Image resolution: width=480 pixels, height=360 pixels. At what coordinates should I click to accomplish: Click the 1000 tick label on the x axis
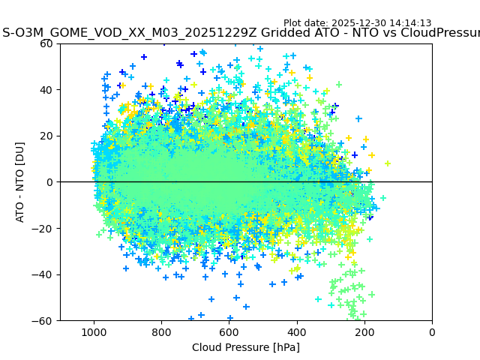(94, 332)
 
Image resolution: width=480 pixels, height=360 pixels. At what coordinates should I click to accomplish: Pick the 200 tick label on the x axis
(364, 332)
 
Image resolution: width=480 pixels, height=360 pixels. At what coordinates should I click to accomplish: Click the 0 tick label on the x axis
(432, 332)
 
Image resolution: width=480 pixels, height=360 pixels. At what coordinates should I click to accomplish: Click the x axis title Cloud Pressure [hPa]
(246, 347)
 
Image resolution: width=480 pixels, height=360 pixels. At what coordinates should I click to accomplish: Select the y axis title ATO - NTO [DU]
(21, 182)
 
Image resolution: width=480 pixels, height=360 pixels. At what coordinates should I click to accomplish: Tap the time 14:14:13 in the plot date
(409, 23)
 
